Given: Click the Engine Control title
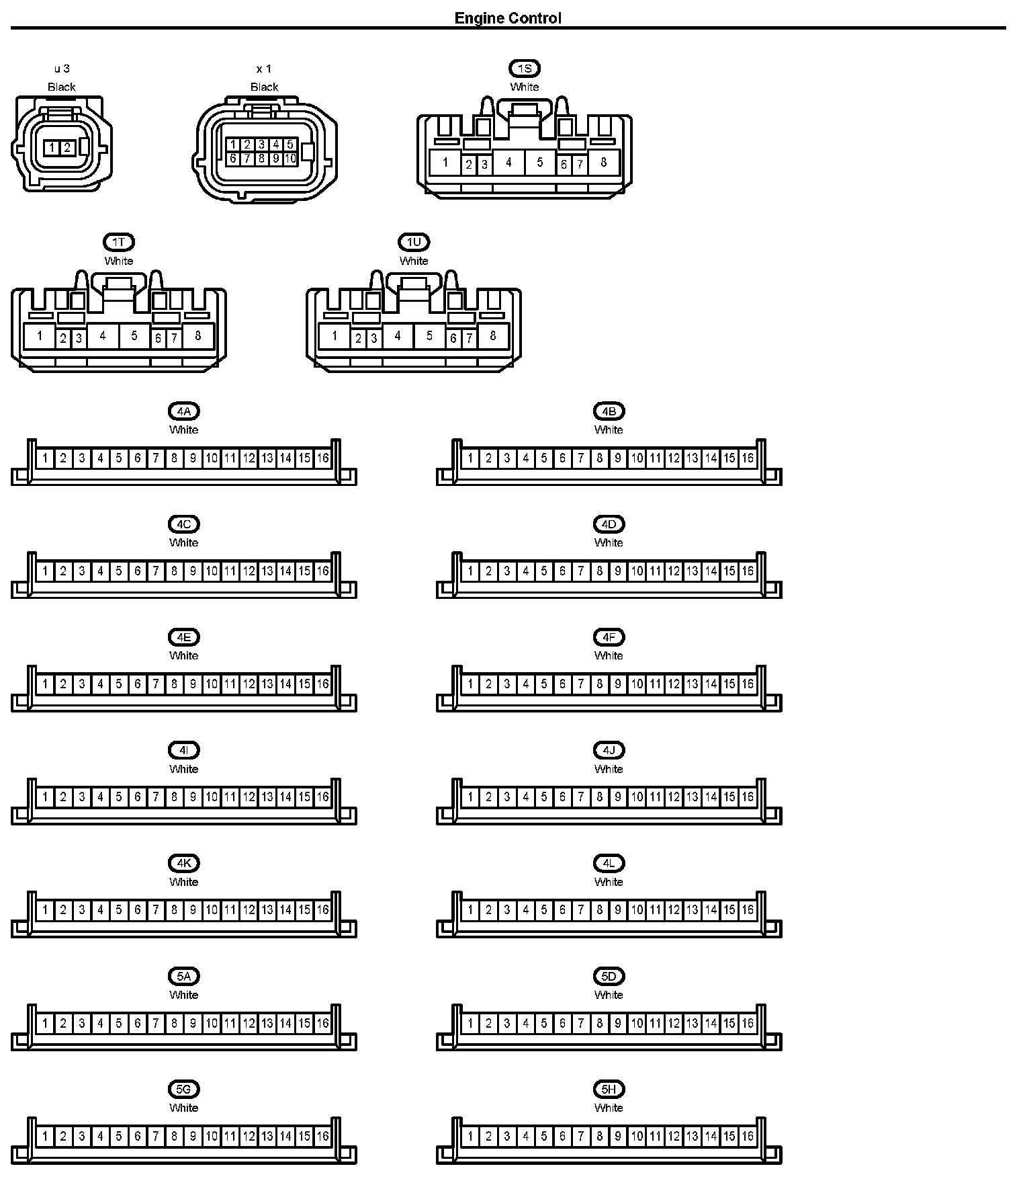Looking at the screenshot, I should pos(508,18).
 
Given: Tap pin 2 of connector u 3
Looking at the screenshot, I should pos(66,147).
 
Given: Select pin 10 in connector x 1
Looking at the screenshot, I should pos(290,159).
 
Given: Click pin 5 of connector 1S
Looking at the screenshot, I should pos(540,162).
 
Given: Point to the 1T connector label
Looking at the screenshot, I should pos(119,242).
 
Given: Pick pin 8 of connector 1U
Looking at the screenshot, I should pos(493,335).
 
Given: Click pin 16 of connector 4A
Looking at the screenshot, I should pos(323,458).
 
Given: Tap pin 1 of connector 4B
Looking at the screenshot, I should pos(470,458).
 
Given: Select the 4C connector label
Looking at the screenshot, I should pos(183,524).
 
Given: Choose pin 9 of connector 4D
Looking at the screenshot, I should pos(618,571).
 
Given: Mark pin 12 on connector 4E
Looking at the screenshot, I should pos(249,684).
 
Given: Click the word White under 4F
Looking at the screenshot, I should pos(609,655).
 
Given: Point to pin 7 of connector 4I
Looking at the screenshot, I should pos(156,797).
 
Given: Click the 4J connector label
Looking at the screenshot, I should pos(609,750).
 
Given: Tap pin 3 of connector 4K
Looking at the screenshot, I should pos(82,910).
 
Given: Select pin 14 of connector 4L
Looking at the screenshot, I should pos(711,910).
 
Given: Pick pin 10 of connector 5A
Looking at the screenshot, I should pos(212,1023).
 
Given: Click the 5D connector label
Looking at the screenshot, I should pos(609,976).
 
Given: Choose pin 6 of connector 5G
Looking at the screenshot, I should pos(137,1136).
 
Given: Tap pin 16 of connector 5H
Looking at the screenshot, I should pos(748,1136).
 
